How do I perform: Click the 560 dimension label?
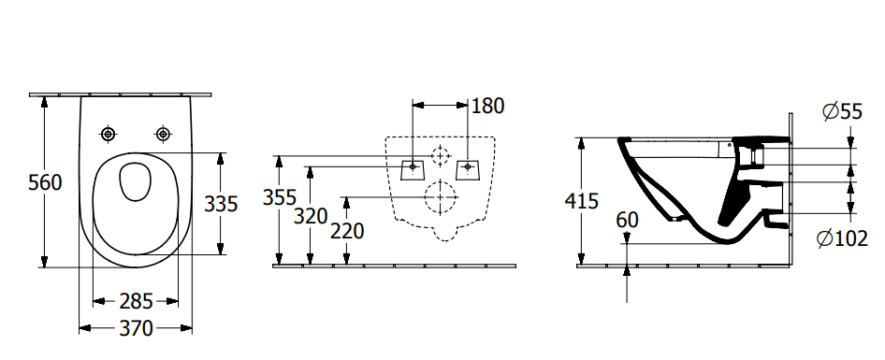(45, 182)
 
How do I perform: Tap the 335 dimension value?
(221, 203)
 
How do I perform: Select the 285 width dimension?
(136, 302)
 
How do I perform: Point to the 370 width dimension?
(136, 328)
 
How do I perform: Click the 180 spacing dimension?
(487, 106)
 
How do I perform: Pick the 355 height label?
(280, 197)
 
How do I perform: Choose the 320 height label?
(311, 216)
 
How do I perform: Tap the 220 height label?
(347, 231)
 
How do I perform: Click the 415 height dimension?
(581, 201)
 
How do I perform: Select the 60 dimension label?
(627, 220)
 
